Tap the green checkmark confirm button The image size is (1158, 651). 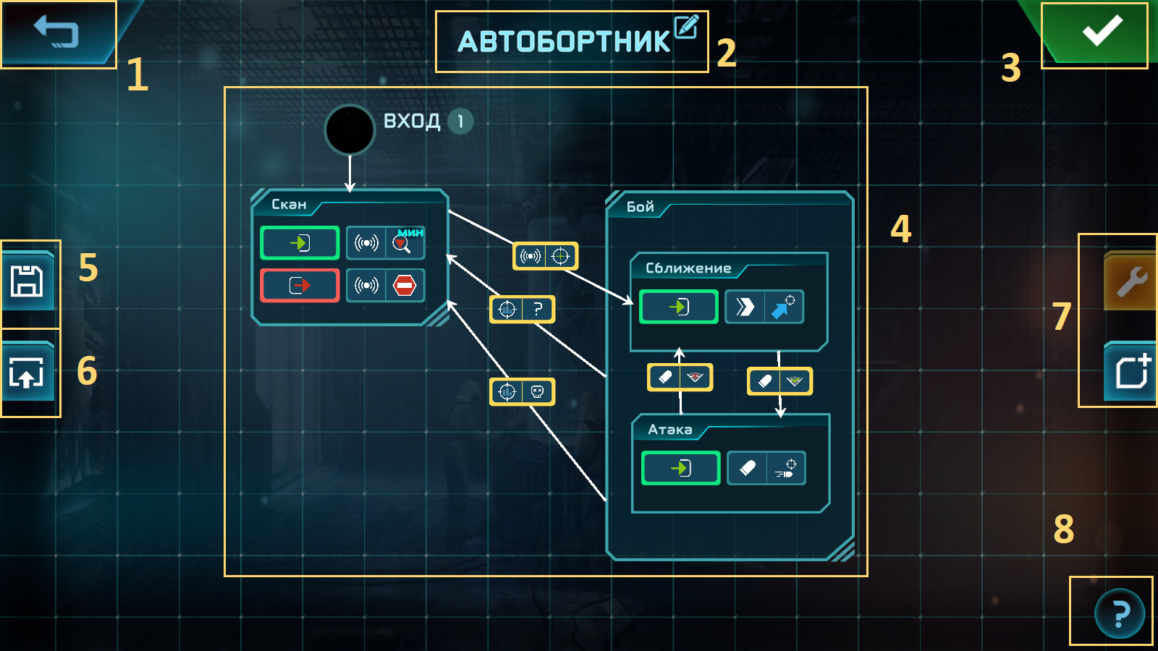1101,32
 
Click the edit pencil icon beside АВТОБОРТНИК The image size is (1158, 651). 685,27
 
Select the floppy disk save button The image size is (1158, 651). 28,281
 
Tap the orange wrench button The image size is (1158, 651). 1131,281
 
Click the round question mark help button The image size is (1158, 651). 1119,613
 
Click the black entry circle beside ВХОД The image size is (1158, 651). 350,130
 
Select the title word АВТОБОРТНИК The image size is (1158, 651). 564,42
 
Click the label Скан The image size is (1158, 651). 289,205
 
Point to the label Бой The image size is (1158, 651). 640,207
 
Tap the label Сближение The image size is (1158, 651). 688,268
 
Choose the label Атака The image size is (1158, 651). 669,430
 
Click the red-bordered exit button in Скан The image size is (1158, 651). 300,286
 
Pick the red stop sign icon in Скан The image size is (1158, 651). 404,286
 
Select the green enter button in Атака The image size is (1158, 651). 680,469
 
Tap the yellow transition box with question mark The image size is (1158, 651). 522,310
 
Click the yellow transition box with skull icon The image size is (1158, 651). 522,392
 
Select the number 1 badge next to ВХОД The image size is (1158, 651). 460,122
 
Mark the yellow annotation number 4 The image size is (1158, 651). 900,229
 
